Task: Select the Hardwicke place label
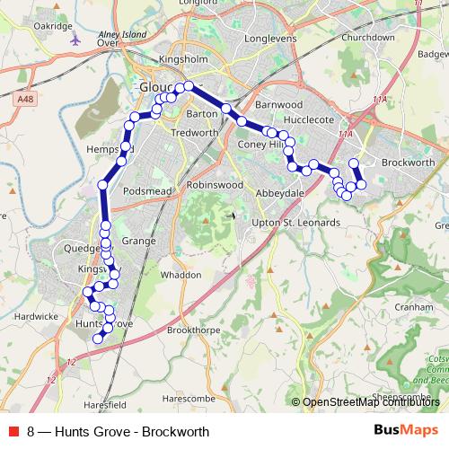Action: point(36,316)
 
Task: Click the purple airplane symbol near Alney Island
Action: point(75,40)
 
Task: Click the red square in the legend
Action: point(13,431)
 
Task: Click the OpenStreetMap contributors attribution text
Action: point(370,402)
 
